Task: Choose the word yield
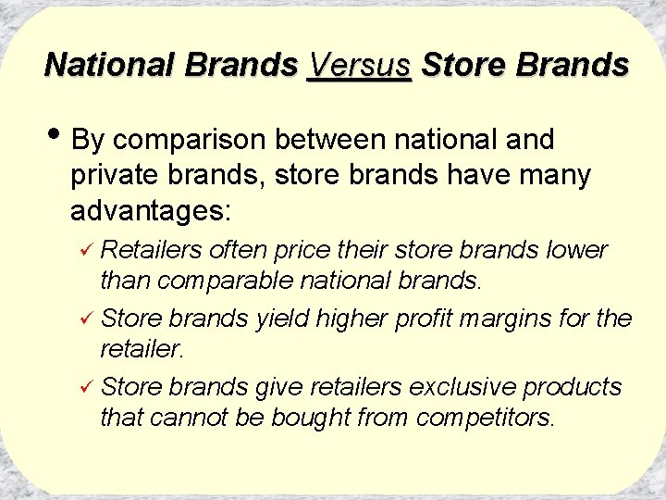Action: [x=282, y=319]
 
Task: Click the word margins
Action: [x=514, y=320]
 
